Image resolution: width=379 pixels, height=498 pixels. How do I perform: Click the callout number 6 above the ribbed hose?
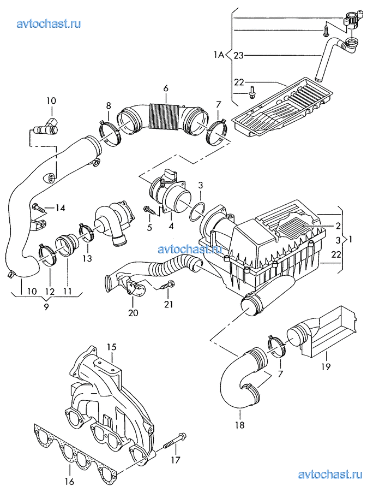tap(166, 88)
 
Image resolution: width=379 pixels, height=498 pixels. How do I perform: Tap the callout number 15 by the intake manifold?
tap(111, 347)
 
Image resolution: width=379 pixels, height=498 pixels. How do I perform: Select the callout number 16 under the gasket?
tap(69, 482)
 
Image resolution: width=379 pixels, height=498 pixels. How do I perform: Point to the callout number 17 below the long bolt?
tap(176, 459)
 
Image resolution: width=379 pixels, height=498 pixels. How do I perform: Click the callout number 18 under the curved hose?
tap(240, 425)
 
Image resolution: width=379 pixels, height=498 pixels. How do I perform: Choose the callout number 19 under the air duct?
tap(326, 366)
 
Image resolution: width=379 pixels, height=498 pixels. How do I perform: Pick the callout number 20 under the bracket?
tap(133, 312)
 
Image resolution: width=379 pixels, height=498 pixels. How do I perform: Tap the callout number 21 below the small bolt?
tap(169, 304)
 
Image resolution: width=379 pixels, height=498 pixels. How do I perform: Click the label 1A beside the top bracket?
tap(218, 55)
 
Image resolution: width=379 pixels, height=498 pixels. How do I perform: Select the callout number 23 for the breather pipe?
tap(238, 56)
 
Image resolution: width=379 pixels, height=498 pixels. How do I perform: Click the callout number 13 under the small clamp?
tap(87, 258)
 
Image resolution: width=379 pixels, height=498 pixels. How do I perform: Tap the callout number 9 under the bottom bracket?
tap(46, 307)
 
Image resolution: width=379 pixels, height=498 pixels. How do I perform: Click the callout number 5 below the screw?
tap(149, 227)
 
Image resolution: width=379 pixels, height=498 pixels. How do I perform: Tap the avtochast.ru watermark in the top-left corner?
tap(49, 23)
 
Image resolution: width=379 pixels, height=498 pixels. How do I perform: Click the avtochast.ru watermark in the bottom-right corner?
tap(330, 475)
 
